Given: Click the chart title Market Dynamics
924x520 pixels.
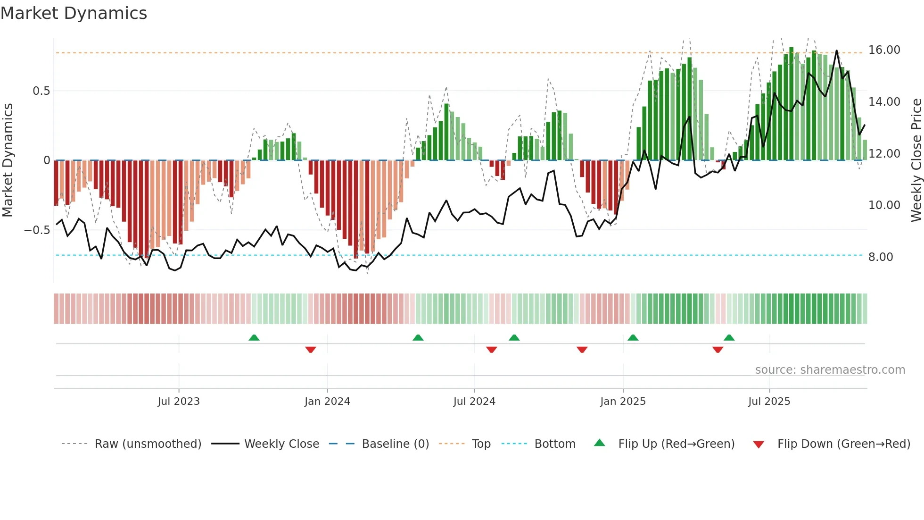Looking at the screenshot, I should (74, 13).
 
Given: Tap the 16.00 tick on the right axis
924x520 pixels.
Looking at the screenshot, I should (884, 50).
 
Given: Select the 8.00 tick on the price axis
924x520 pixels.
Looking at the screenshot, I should (881, 257).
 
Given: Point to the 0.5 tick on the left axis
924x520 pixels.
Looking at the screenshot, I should (41, 91).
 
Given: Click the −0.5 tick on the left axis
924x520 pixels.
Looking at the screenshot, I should (37, 230).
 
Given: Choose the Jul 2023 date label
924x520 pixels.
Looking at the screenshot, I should (179, 402).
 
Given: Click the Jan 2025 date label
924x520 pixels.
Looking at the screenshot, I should (623, 402).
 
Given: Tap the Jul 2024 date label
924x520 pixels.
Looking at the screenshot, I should (474, 402).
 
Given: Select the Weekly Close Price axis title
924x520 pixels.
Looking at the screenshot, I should (916, 160).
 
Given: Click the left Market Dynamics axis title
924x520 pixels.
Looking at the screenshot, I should (8, 160).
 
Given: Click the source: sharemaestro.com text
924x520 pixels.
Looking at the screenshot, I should (830, 370).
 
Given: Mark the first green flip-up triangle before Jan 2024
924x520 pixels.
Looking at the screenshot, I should (254, 338).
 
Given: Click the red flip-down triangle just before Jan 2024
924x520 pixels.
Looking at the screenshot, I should (311, 350).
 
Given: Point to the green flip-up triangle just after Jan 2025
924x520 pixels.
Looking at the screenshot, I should (633, 338).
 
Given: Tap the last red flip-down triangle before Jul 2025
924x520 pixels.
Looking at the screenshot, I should (718, 350).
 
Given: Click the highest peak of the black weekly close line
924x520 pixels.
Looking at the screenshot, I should (837, 50).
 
